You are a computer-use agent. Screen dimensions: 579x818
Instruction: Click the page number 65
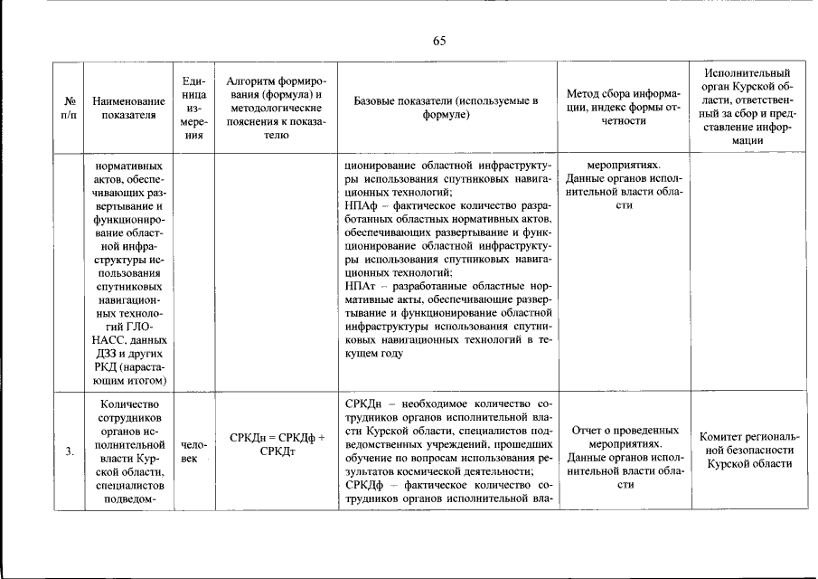point(439,41)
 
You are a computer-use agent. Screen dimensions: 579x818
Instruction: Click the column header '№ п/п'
point(69,109)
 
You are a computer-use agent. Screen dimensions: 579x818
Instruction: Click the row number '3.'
point(69,453)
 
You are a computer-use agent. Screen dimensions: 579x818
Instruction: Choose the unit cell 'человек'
point(193,453)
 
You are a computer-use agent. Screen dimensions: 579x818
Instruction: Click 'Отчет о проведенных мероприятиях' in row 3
point(624,438)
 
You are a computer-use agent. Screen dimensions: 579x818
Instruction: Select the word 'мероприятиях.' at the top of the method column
point(624,166)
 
